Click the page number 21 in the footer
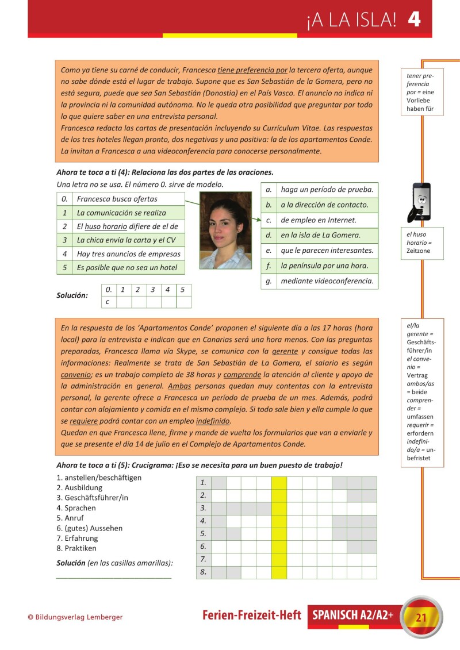421,618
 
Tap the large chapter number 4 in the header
414,20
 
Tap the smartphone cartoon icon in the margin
421,202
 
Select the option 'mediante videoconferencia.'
327,281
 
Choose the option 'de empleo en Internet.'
319,220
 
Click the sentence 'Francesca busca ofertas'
117,199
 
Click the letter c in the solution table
108,302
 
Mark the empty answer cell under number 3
153,302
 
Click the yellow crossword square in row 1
279,483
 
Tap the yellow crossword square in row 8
279,572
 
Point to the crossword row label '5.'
204,534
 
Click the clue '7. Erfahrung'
78,539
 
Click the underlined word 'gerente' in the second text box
285,351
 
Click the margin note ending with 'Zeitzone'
422,243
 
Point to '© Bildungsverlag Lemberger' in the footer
75,617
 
